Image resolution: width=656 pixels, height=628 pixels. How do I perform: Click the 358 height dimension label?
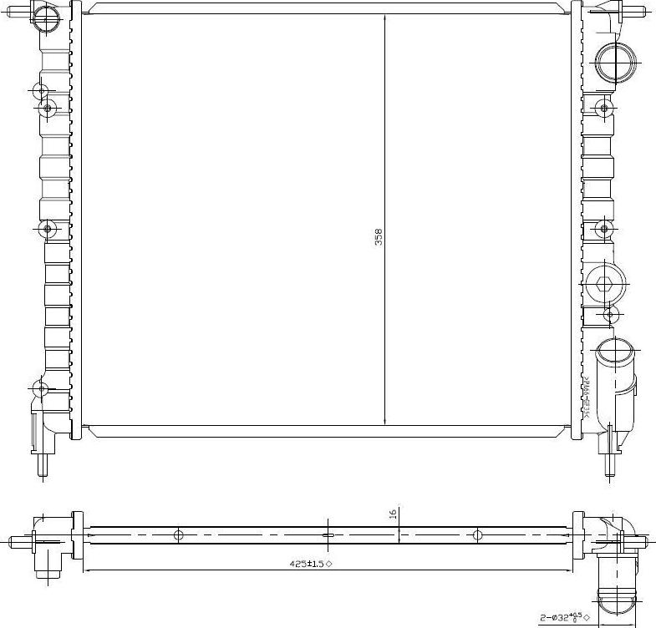click(378, 237)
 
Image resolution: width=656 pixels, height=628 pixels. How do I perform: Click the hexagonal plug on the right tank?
click(604, 287)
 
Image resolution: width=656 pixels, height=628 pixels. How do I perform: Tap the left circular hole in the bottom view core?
click(178, 535)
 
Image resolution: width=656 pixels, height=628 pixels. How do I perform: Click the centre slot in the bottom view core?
click(328, 535)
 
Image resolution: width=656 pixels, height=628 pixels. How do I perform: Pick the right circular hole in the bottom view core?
click(477, 535)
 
